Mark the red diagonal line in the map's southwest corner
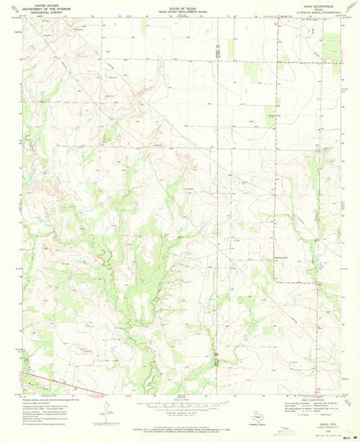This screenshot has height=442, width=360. pyautogui.click(x=54, y=382)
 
